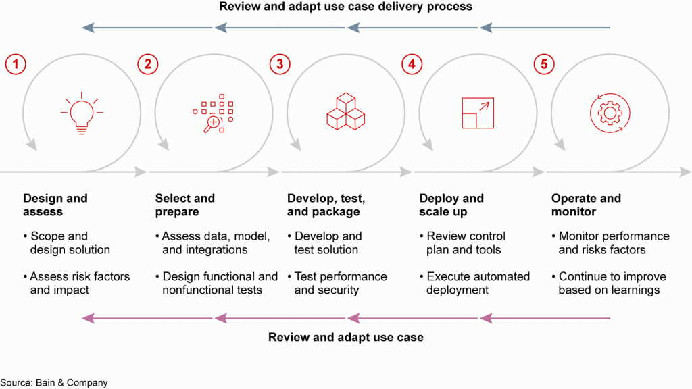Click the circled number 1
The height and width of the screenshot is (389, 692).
click(x=16, y=64)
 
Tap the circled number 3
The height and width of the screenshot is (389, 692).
click(x=280, y=64)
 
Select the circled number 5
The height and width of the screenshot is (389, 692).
click(x=544, y=64)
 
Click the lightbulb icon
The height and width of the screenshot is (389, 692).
click(x=82, y=113)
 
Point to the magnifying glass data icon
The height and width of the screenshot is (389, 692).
click(x=213, y=113)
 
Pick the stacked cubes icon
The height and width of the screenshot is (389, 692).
click(x=345, y=111)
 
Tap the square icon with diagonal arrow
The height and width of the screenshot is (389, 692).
click(x=478, y=113)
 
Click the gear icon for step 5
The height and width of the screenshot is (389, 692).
click(x=610, y=113)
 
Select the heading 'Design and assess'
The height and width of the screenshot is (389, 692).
click(x=55, y=205)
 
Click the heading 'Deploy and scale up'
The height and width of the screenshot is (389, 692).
click(x=451, y=205)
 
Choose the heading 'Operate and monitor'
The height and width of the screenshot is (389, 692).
click(x=586, y=205)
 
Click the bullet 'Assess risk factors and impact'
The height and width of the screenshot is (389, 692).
click(x=77, y=283)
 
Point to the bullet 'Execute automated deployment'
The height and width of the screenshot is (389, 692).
click(x=475, y=283)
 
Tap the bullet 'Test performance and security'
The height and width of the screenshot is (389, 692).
click(x=338, y=283)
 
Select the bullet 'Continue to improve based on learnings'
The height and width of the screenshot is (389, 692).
click(x=609, y=283)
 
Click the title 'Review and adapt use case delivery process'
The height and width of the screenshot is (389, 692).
click(x=345, y=7)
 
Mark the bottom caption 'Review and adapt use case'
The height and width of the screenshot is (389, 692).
click(x=345, y=338)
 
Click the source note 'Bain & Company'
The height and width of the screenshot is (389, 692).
click(x=72, y=383)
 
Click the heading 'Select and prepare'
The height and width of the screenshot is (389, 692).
click(x=185, y=205)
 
